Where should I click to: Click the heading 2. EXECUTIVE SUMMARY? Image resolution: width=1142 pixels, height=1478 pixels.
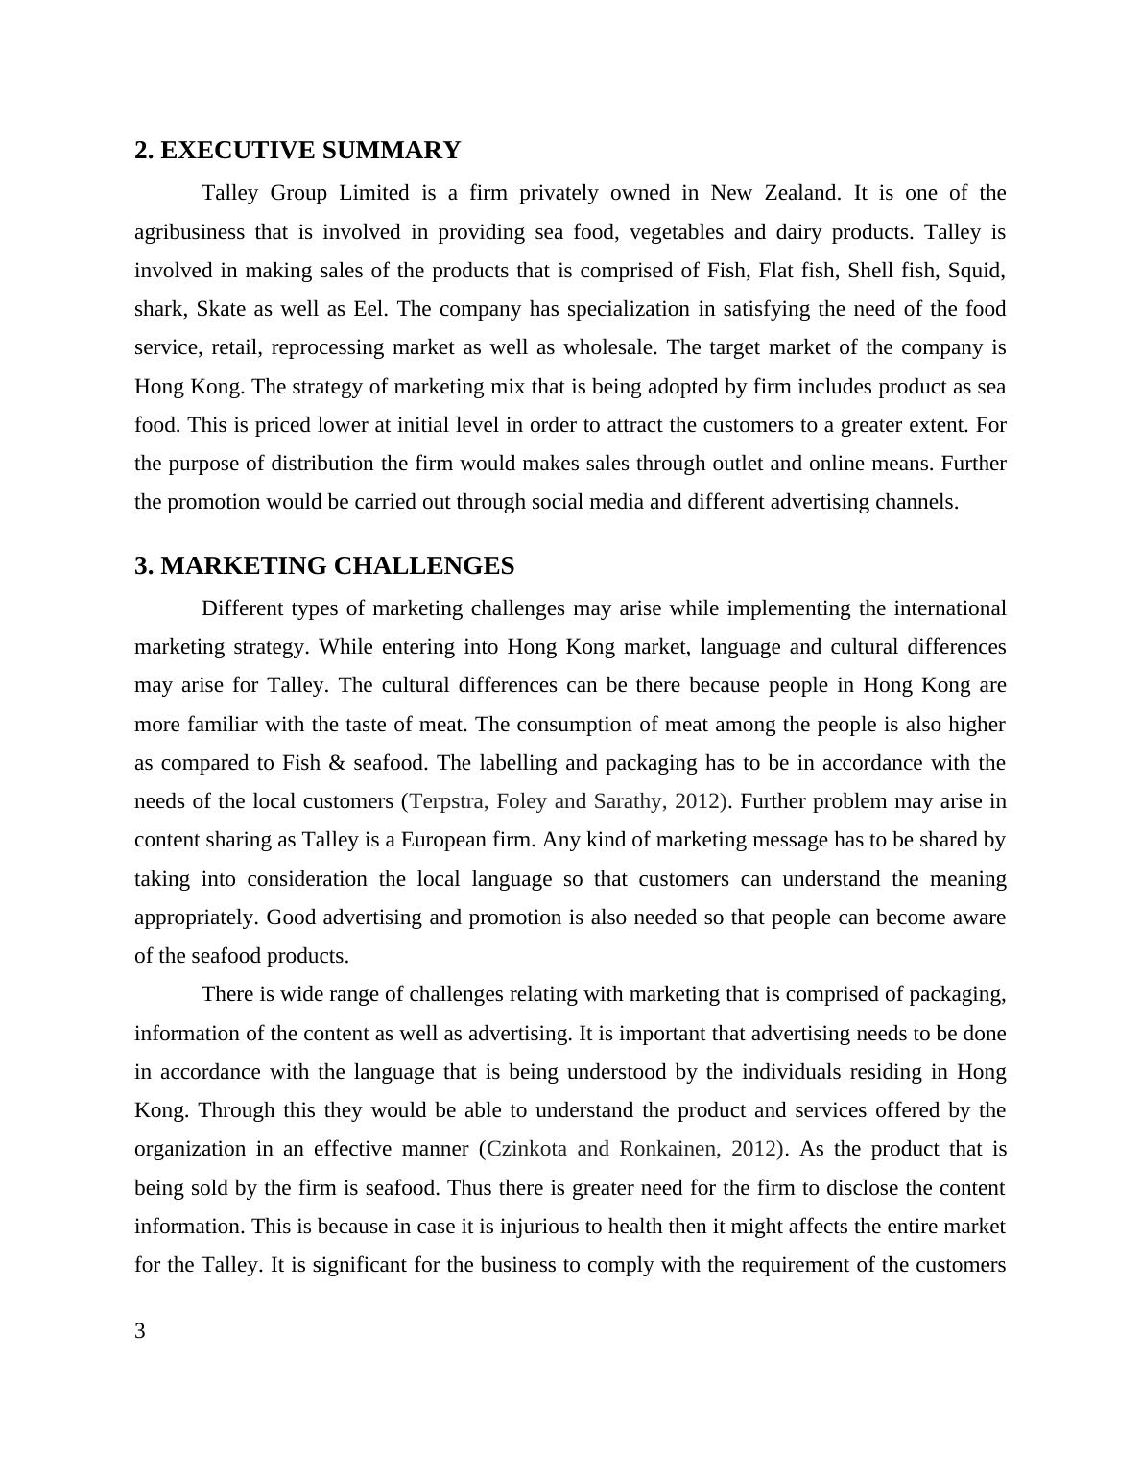pyautogui.click(x=297, y=151)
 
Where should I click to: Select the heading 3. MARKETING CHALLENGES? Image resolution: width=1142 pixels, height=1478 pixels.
pyautogui.click(x=324, y=566)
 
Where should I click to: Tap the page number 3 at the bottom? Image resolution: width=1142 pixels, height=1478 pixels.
pyautogui.click(x=140, y=1331)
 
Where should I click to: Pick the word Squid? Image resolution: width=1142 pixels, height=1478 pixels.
pyautogui.click(x=975, y=271)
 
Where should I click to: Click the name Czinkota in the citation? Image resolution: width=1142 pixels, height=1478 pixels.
pyautogui.click(x=528, y=1149)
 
